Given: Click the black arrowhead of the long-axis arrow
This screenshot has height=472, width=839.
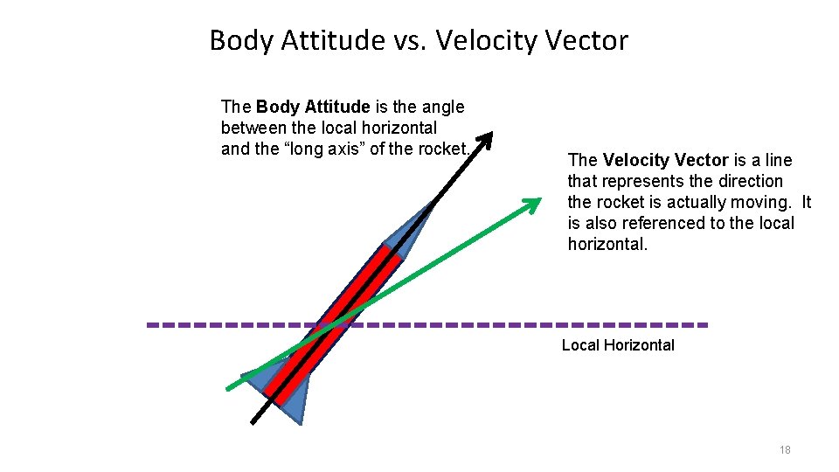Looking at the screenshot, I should click(x=485, y=142).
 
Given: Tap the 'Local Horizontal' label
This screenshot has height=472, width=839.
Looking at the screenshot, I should click(x=618, y=345).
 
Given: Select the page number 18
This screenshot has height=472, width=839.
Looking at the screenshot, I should click(x=784, y=449).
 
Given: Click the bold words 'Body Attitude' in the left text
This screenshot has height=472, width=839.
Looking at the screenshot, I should click(x=313, y=107).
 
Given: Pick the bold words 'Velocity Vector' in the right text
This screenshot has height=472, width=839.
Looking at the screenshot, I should click(x=665, y=160).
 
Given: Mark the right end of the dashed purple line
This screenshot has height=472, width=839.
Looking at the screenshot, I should click(x=704, y=325).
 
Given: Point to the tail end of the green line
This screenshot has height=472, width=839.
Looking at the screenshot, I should click(x=229, y=387).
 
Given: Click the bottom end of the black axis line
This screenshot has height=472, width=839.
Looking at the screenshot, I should click(x=253, y=421).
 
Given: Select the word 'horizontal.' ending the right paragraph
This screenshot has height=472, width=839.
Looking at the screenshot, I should click(x=607, y=244).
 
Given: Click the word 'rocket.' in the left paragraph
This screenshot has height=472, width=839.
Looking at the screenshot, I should click(x=444, y=149).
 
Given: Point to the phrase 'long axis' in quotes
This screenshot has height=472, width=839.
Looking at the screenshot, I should click(x=322, y=149).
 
